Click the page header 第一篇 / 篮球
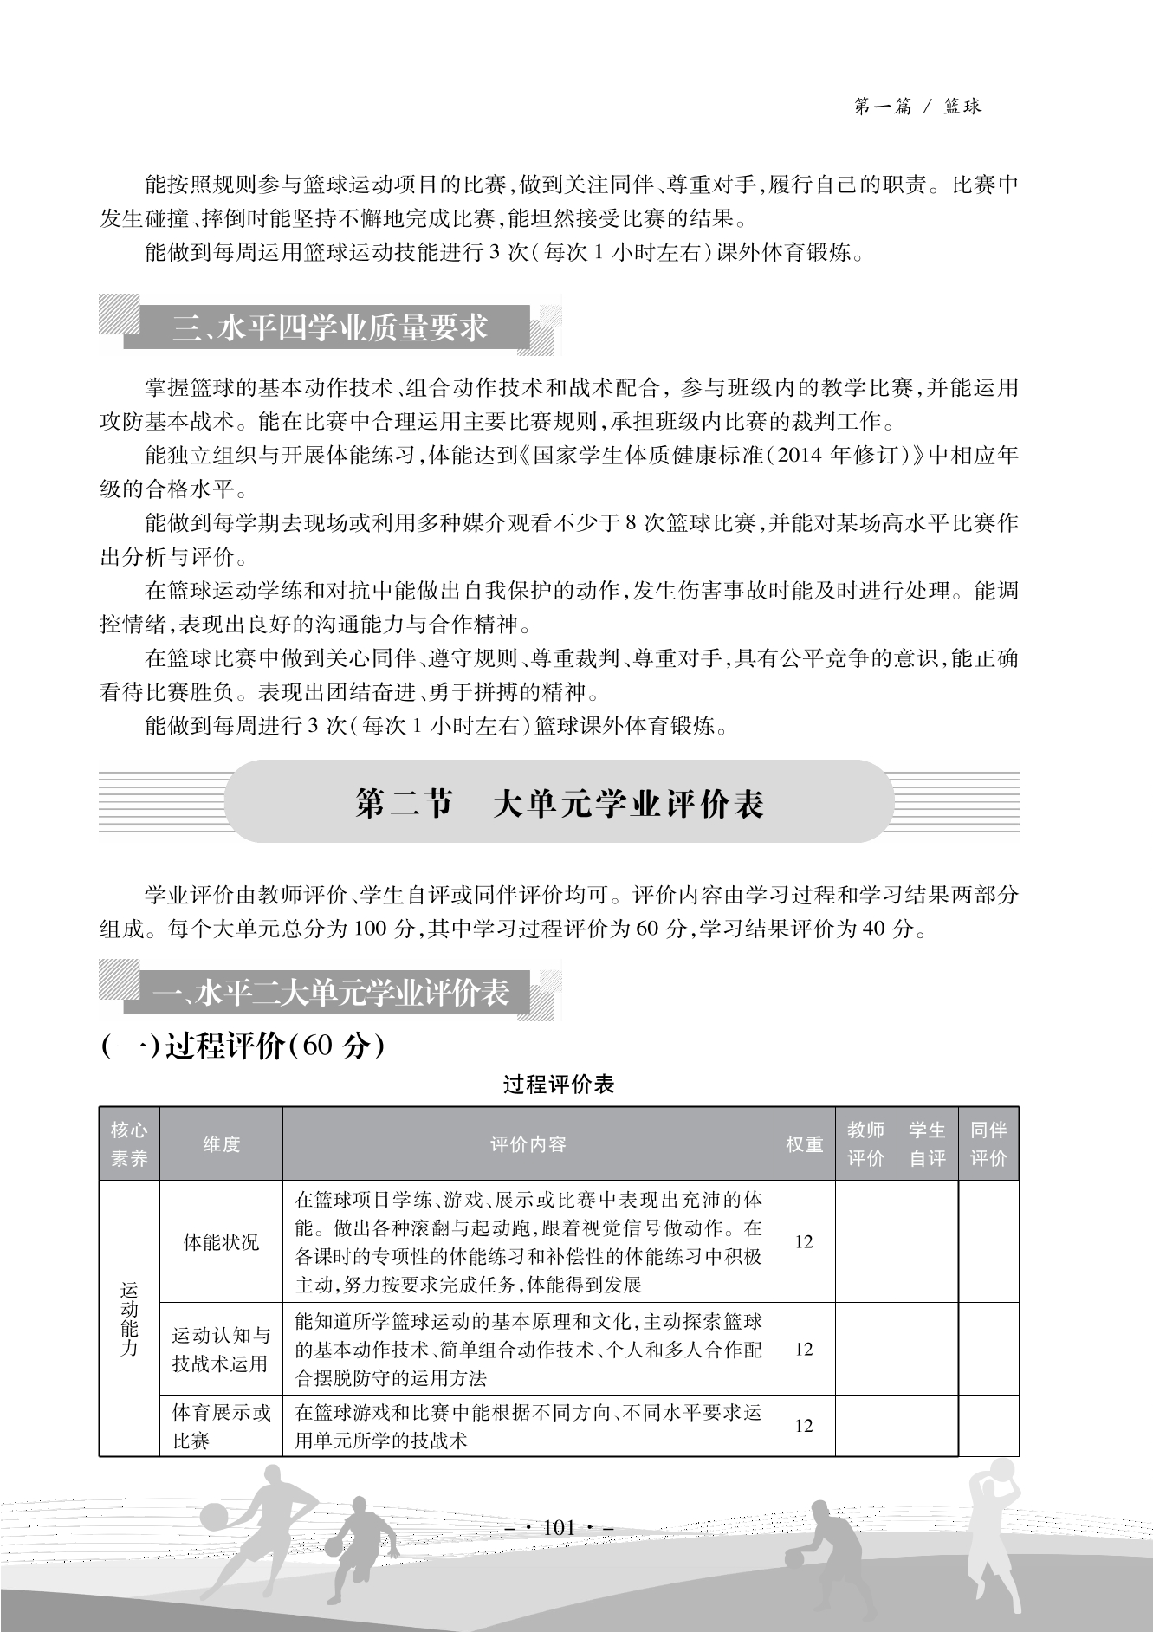917,107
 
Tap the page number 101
559,1527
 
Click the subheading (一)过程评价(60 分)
243,1046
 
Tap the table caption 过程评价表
559,1085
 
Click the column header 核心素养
129,1143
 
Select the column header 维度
221,1143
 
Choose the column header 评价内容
528,1143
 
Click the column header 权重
804,1143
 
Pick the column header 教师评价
865,1143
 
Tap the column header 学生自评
927,1143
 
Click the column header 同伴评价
988,1143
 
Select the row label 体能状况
221,1241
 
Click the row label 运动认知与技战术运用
221,1349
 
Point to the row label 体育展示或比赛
221,1426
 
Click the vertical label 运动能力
129,1318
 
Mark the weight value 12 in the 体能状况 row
804,1241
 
